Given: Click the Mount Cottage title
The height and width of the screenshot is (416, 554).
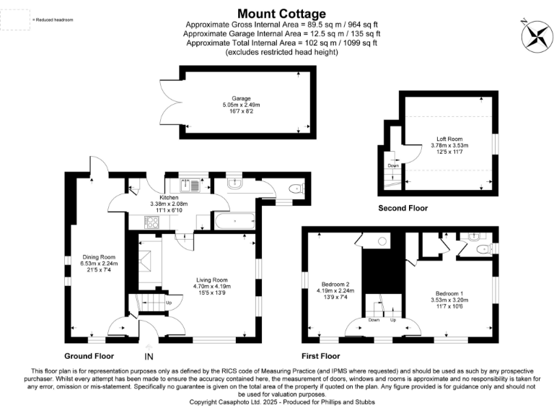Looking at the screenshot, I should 281,14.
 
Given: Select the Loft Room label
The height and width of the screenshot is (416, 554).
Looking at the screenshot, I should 449,138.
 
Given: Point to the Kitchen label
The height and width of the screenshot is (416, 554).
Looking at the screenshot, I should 169,196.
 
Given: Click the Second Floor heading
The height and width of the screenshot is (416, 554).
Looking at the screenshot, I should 403,208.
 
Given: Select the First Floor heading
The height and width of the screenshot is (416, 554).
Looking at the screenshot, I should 320,356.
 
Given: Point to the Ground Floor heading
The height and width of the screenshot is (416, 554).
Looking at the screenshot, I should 89,356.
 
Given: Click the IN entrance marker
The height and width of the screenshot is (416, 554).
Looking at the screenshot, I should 149,357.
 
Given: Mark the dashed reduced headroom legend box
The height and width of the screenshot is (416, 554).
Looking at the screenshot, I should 15,19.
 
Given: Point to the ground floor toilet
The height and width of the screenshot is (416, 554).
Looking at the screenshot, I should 294,188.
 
